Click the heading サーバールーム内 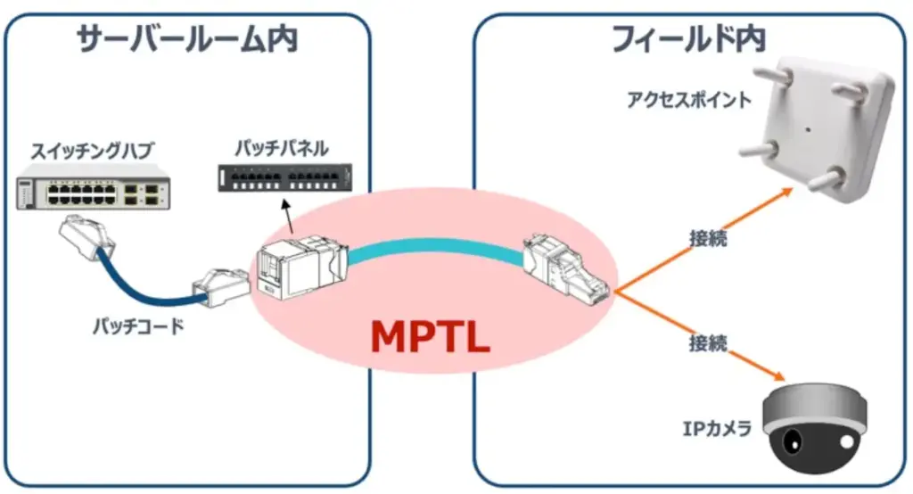187,39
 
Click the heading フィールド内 689,39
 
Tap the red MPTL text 431,337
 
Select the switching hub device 93,186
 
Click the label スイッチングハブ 92,151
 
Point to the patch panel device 284,177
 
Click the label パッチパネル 282,149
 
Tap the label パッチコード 138,326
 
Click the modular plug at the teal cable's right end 564,268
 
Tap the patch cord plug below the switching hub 87,236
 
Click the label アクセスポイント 689,100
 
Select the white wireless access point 818,128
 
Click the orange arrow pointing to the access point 704,239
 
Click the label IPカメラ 718,429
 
